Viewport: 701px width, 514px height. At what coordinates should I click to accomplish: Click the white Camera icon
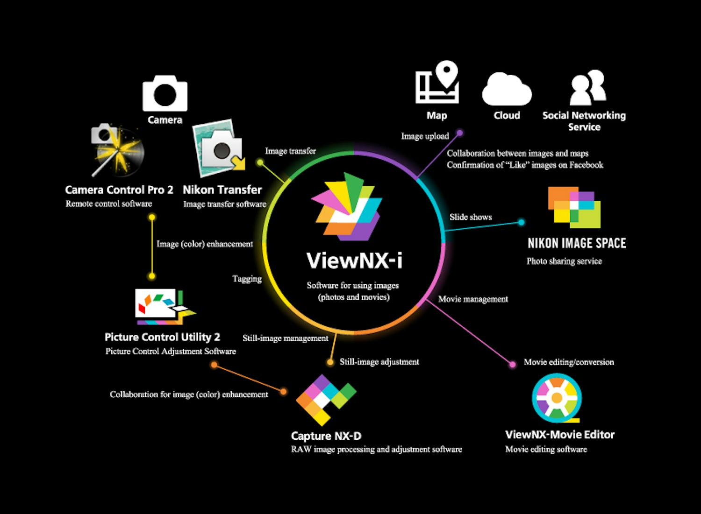(165, 93)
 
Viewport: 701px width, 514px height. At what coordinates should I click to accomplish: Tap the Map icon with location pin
(437, 83)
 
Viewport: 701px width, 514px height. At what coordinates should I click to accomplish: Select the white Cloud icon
(507, 90)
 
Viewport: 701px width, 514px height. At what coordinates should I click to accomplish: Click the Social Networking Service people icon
(588, 88)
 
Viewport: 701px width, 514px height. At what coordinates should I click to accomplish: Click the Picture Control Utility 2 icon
(164, 307)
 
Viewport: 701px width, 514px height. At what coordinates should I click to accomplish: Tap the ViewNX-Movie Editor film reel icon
(557, 398)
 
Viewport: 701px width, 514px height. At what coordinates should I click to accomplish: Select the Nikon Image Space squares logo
(574, 207)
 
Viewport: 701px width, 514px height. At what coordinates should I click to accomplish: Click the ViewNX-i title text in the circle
(354, 261)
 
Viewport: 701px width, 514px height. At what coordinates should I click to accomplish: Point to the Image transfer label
(290, 151)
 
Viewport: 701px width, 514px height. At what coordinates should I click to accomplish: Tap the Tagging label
(247, 279)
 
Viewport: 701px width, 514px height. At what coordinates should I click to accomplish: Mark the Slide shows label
(471, 217)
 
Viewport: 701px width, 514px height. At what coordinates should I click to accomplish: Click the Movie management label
(473, 299)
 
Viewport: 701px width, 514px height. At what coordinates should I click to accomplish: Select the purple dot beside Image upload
(459, 133)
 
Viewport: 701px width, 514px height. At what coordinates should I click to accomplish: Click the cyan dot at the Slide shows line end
(521, 222)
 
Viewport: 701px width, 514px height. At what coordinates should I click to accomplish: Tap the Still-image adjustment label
(379, 362)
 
